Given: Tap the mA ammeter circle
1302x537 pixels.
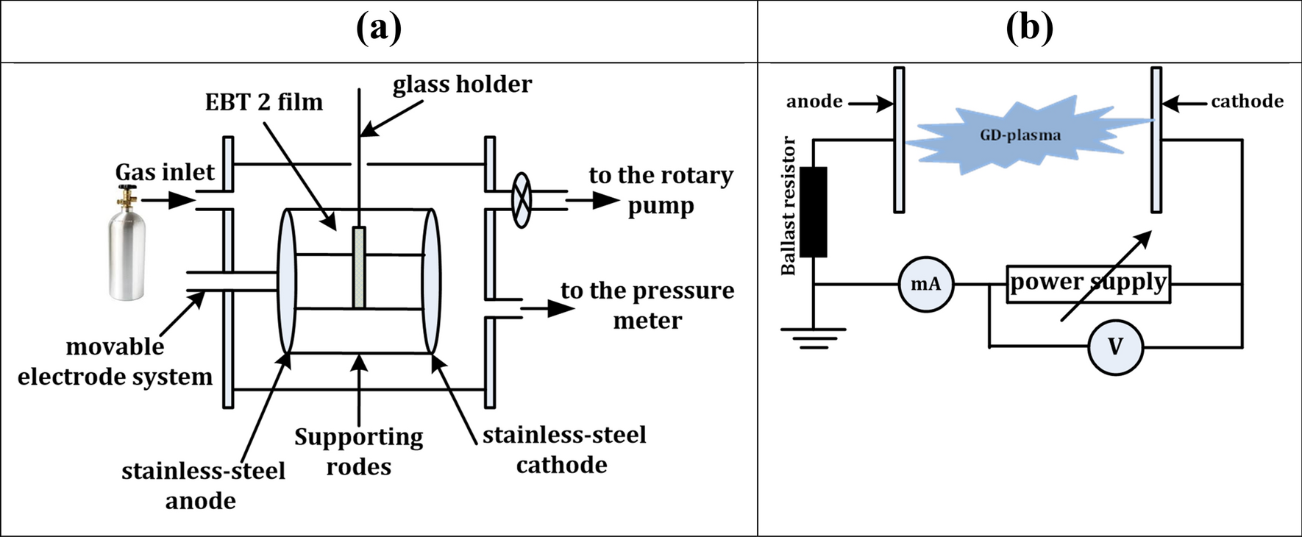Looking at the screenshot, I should point(925,284).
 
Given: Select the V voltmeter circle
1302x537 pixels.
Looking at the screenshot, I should point(1115,346).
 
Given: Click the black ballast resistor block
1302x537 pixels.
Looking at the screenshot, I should point(813,212).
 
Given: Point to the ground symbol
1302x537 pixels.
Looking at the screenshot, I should point(813,337).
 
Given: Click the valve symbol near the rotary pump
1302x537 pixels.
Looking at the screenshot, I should point(521,199).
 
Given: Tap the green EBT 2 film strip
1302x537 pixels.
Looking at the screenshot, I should point(359,267).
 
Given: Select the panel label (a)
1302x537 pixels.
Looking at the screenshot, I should point(379,29).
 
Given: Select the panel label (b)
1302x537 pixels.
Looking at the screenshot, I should point(1029,29).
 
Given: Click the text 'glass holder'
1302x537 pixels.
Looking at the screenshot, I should point(462,85).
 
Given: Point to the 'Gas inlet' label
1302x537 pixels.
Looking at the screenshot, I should point(165,172).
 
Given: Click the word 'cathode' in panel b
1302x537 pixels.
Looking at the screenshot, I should point(1247,102).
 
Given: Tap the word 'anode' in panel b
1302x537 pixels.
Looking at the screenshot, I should point(814,102).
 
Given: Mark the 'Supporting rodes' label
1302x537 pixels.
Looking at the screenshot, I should point(358,452).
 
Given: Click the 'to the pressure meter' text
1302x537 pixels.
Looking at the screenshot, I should point(647,305).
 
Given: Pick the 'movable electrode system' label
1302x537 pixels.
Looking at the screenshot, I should point(115,361).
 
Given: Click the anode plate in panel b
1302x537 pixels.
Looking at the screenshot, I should point(899,140).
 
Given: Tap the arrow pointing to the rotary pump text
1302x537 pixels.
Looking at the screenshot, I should point(593,199).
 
